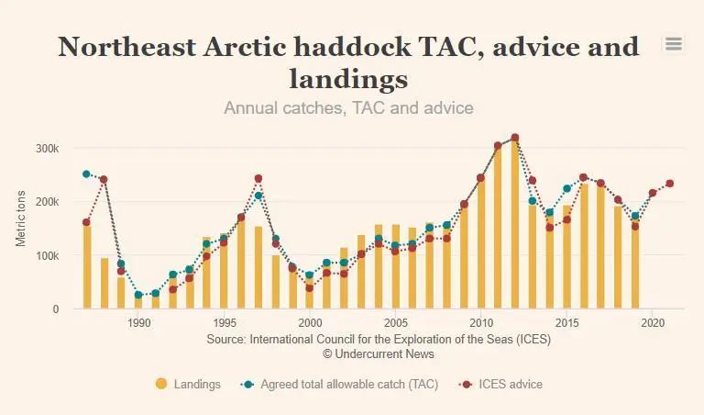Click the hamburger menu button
coord(674,44)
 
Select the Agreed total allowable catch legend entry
coord(348,384)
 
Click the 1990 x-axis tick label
coord(139,323)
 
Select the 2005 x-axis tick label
coord(396,323)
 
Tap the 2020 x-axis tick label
coord(653,323)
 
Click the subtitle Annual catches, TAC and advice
coord(348,107)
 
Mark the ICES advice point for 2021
coord(670,184)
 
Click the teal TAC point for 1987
coord(86,174)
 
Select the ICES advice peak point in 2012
coord(515,138)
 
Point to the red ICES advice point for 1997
coord(258,178)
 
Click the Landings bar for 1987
coord(87,266)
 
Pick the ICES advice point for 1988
coord(104,179)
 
